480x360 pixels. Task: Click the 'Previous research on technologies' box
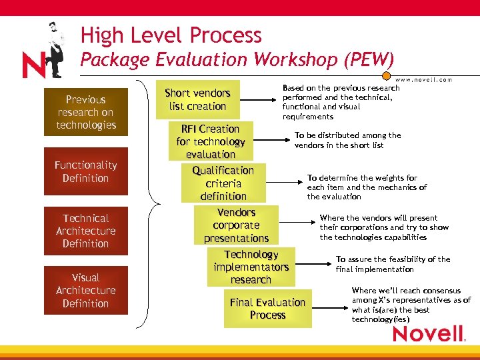85,112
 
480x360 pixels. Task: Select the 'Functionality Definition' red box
85,171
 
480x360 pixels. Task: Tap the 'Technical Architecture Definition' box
85,231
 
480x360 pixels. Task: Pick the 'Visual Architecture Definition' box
85,290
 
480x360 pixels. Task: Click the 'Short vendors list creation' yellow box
197,99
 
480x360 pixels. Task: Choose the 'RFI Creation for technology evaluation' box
211,141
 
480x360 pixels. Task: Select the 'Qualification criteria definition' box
223,183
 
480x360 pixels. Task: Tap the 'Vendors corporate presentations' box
237,225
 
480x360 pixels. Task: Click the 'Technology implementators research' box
251,267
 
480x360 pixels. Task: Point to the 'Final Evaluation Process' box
267,308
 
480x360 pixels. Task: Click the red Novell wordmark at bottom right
428,333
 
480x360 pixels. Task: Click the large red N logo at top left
33,65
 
